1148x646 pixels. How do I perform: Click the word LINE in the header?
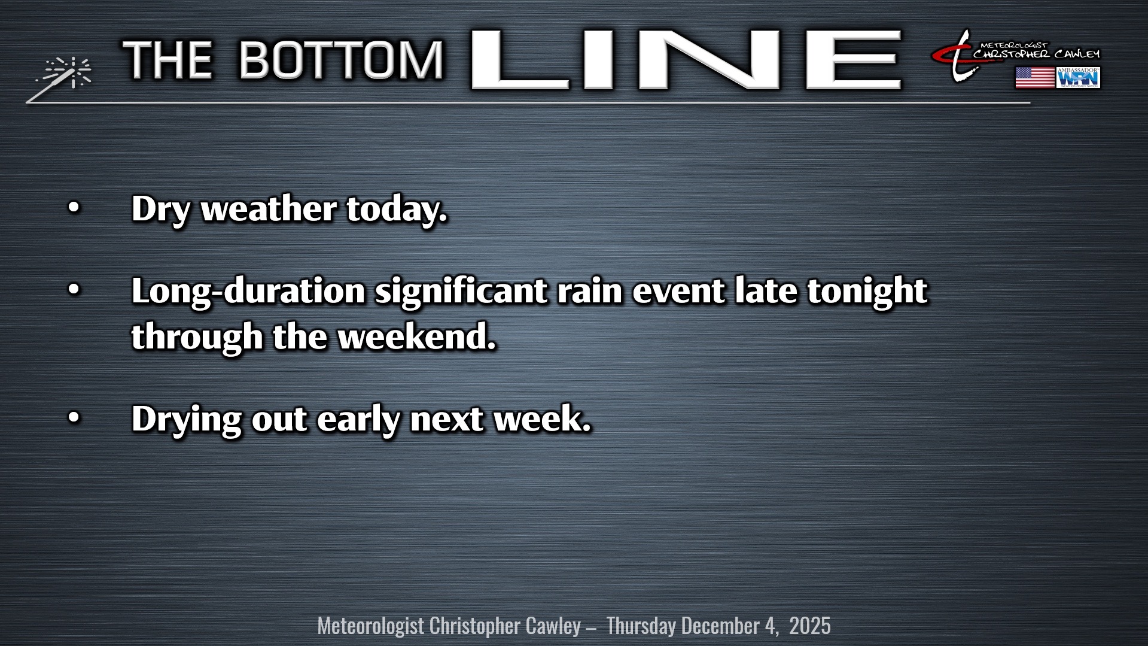coord(686,60)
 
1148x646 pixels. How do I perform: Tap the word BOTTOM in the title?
coord(342,60)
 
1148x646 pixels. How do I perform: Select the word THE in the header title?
coord(168,60)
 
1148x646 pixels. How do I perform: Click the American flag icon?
coord(1034,78)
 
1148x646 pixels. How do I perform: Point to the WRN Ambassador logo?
coord(1079,78)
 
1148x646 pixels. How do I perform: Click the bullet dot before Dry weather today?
coord(73,208)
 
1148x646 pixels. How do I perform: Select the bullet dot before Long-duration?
coord(73,290)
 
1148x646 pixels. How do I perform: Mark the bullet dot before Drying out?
coord(73,417)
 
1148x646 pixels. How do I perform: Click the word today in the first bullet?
coord(397,210)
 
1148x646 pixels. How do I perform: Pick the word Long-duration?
coord(248,292)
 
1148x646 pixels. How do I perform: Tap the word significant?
coord(461,292)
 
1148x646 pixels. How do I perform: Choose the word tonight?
coord(867,292)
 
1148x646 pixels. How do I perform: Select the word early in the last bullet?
coord(358,419)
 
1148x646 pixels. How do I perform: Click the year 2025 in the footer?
coord(809,626)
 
